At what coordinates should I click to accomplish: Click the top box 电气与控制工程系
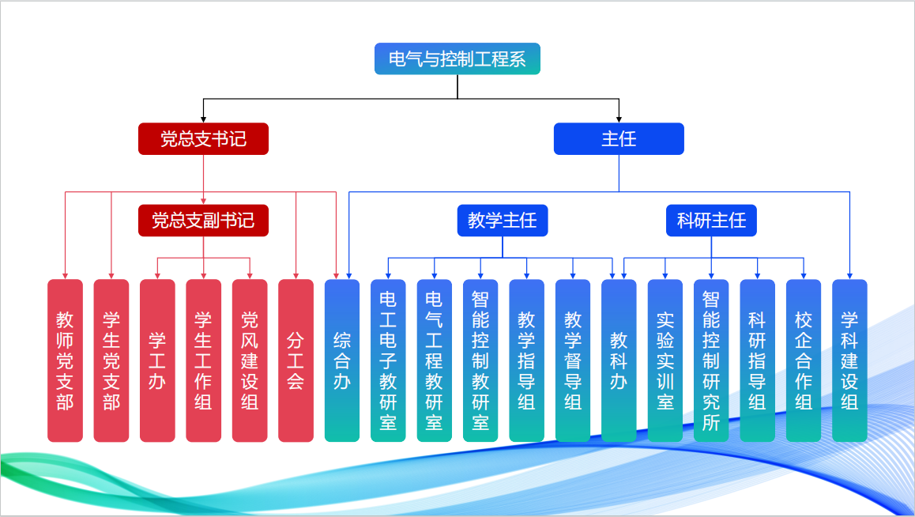pyautogui.click(x=457, y=59)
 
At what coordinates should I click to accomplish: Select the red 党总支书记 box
pyautogui.click(x=203, y=139)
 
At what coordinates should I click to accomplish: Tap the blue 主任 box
pyautogui.click(x=619, y=139)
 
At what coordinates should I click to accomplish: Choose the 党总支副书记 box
pyautogui.click(x=203, y=221)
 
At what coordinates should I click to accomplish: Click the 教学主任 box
pyautogui.click(x=503, y=221)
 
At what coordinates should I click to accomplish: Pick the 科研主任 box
pyautogui.click(x=711, y=221)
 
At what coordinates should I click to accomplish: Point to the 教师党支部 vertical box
pyautogui.click(x=65, y=360)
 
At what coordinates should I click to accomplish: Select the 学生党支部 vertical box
pyautogui.click(x=111, y=360)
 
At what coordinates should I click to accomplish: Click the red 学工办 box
pyautogui.click(x=157, y=360)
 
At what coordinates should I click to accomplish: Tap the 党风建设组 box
pyautogui.click(x=250, y=360)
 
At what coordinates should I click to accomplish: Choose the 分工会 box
pyautogui.click(x=296, y=360)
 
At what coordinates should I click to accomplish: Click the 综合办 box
pyautogui.click(x=342, y=360)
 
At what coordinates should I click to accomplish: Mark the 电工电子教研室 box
pyautogui.click(x=388, y=360)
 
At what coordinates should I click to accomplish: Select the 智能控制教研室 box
pyautogui.click(x=480, y=360)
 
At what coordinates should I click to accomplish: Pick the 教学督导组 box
pyautogui.click(x=573, y=360)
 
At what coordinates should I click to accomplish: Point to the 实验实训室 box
pyautogui.click(x=665, y=360)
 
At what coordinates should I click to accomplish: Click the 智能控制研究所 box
pyautogui.click(x=711, y=360)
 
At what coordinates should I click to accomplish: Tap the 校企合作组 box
pyautogui.click(x=804, y=360)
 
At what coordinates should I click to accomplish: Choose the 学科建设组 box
pyautogui.click(x=849, y=360)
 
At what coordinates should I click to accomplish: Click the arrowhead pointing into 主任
pyautogui.click(x=619, y=119)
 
